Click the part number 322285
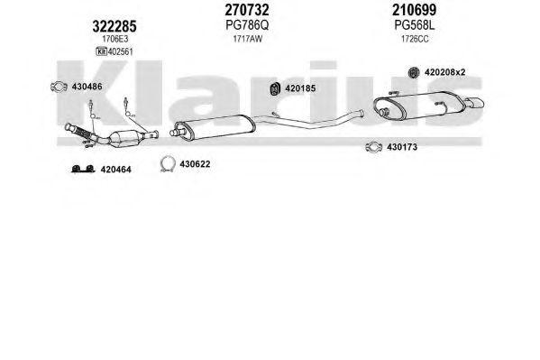click(114, 26)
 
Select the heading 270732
click(247, 10)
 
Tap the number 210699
click(415, 10)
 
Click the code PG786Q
click(247, 25)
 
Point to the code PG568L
click(415, 25)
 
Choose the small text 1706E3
click(114, 40)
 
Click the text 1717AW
click(247, 39)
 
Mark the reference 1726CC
click(415, 39)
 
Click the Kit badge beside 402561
click(102, 51)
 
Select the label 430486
click(87, 87)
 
